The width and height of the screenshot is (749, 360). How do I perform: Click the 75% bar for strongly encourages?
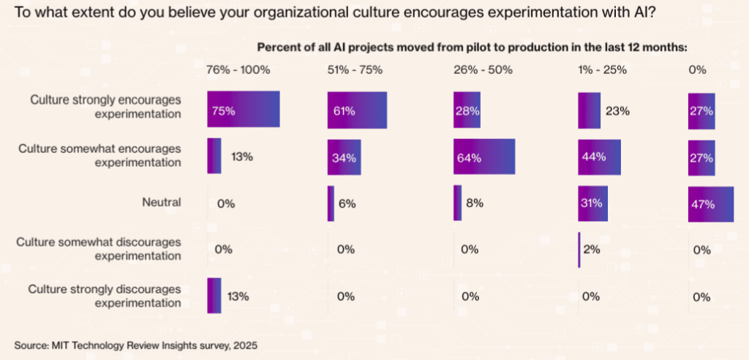tap(244, 109)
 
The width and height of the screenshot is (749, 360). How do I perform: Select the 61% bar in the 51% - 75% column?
tap(357, 110)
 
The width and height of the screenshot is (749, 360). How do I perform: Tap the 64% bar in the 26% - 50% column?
tap(483, 157)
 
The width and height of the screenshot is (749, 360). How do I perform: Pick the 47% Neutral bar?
tap(710, 203)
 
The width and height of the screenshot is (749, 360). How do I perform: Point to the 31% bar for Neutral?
tap(592, 203)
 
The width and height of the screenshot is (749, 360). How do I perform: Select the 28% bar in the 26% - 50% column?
tap(467, 110)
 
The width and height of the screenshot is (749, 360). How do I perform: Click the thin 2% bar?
tap(579, 250)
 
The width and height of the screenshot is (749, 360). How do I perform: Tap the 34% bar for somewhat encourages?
tap(343, 157)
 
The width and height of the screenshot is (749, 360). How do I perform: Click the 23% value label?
tap(617, 111)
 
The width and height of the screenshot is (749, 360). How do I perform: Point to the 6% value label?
tap(347, 204)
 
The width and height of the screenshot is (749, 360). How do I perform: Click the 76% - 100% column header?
tap(238, 70)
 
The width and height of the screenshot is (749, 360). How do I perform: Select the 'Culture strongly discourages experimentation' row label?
tap(105, 296)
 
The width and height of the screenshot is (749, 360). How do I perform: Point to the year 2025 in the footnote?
tap(244, 344)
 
